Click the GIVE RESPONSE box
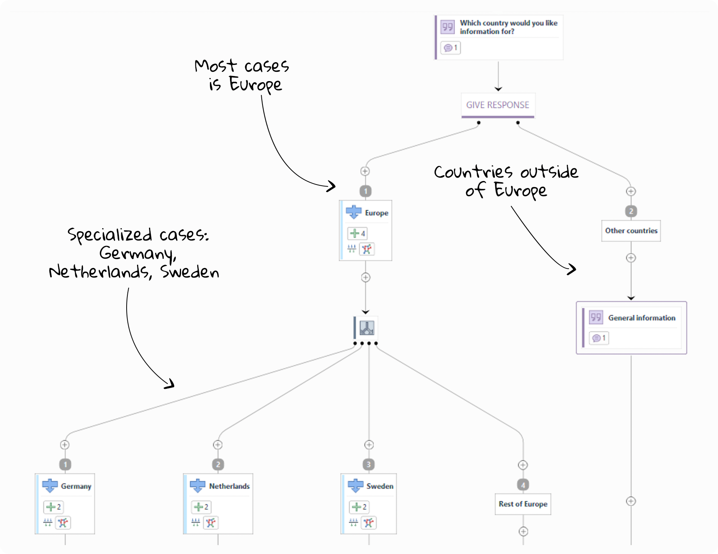coord(498,105)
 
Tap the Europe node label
coord(376,213)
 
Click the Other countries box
coord(631,230)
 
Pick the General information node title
coord(642,318)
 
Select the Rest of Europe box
coord(523,504)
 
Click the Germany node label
coord(76,486)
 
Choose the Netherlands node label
coord(229,486)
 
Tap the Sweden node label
coord(380,486)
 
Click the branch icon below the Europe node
coord(367,328)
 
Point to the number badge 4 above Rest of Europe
coord(523,485)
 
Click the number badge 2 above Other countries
coord(631,211)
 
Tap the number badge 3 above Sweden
coord(369,464)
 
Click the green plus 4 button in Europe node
coord(357,233)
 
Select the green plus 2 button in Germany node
coord(53,507)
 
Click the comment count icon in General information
coord(599,338)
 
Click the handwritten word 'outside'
coord(549,172)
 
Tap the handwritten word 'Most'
coord(215,66)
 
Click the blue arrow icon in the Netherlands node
coord(198,485)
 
